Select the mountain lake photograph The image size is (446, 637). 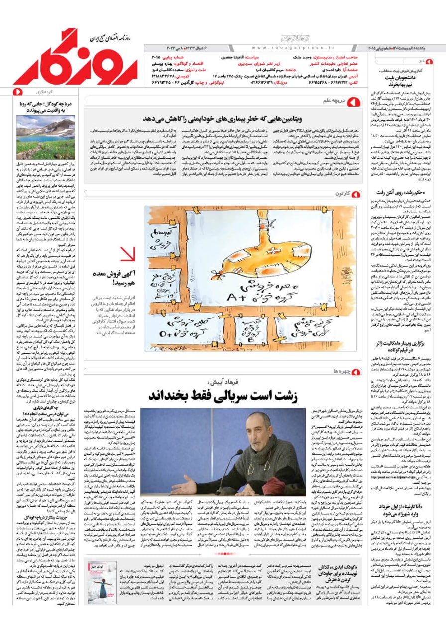[45, 138]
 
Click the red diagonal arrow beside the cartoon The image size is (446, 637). [127, 254]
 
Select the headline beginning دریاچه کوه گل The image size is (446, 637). [45, 107]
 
